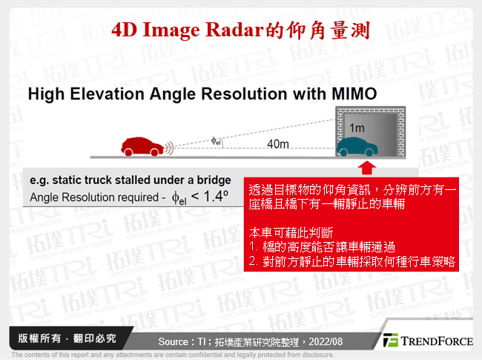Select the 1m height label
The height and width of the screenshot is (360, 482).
[357, 128]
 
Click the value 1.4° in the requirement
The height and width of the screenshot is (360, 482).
[214, 197]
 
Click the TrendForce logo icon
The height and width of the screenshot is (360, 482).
[390, 340]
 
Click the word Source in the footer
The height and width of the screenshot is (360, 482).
[176, 341]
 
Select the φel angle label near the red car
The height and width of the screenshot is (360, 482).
[216, 139]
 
